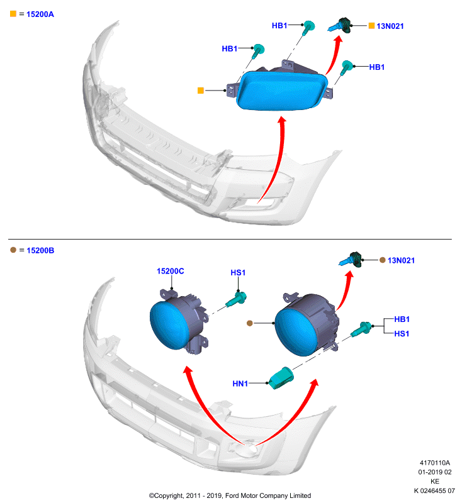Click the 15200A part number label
(40, 14)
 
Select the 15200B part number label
(40, 250)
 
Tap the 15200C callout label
(170, 272)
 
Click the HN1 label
(240, 384)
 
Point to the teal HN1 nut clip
(281, 379)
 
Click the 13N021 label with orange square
(390, 26)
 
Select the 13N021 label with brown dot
(401, 260)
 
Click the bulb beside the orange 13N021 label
(340, 25)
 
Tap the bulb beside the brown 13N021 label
(351, 260)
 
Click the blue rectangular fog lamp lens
(282, 91)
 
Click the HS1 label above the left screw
(238, 273)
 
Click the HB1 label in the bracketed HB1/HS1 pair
(402, 319)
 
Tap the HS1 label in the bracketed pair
(402, 334)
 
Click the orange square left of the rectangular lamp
(201, 91)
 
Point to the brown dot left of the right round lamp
(250, 323)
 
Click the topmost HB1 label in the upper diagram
(279, 26)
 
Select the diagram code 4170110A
(435, 463)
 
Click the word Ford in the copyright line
(232, 495)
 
